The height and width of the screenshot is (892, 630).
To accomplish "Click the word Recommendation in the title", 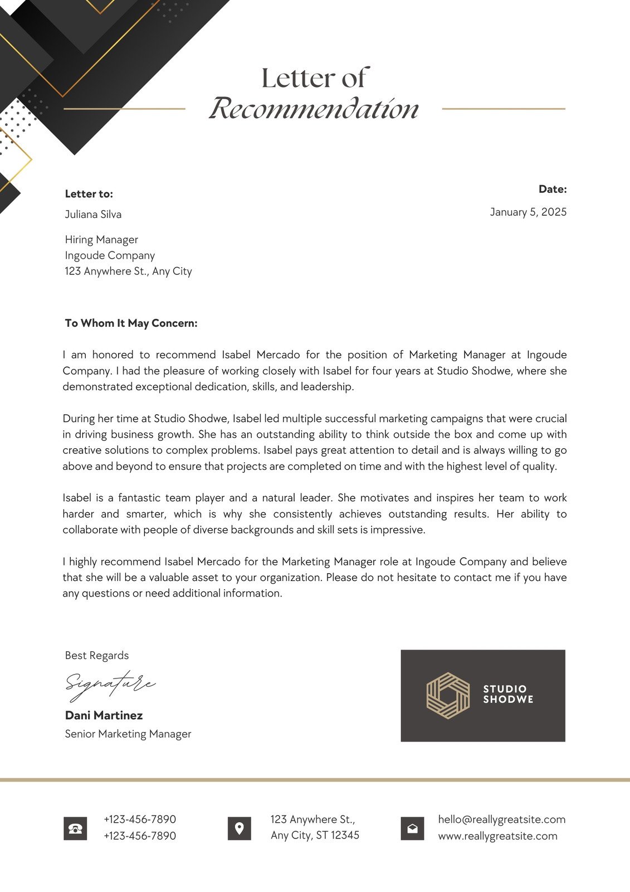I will tap(314, 109).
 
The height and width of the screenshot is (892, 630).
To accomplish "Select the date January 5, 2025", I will tap(528, 212).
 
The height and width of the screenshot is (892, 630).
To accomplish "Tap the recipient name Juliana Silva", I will tap(93, 214).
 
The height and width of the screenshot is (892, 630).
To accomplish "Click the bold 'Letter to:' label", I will tap(89, 194).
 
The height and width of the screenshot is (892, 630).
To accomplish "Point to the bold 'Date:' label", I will tap(553, 189).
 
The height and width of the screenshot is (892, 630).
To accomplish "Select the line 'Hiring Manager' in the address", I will tap(101, 240).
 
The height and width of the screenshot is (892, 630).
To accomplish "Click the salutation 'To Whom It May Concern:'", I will tap(131, 323).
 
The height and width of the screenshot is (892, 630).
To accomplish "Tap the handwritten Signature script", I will tap(110, 685).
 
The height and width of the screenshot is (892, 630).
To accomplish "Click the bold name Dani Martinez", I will tap(104, 715).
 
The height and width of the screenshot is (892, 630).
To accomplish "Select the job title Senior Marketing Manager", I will tap(128, 734).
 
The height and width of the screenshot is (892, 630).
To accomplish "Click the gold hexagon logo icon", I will tap(448, 695).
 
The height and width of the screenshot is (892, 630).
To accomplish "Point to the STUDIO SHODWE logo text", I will tap(508, 694).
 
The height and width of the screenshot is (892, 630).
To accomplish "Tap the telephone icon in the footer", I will tap(75, 828).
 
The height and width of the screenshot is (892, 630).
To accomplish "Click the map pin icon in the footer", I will tap(240, 828).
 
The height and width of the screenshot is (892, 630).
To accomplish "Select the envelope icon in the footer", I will tap(412, 828).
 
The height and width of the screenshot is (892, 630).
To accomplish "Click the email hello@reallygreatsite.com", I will tap(501, 820).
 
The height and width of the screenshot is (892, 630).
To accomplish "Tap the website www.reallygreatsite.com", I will tap(497, 836).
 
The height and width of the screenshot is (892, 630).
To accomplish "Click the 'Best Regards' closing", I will tap(97, 656).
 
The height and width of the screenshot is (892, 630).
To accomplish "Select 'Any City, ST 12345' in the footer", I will tap(315, 835).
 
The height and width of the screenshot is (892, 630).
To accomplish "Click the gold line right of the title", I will tap(504, 109).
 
